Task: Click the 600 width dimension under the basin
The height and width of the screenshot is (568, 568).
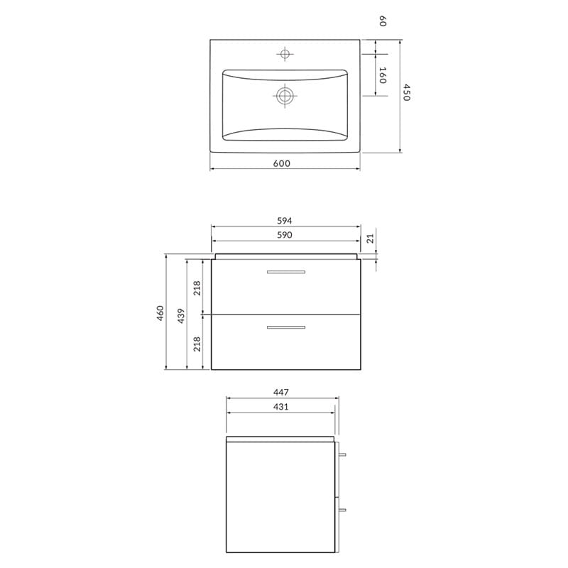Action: click(281, 163)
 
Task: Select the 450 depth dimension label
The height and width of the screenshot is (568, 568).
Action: click(406, 92)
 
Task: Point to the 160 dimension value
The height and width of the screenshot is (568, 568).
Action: click(382, 75)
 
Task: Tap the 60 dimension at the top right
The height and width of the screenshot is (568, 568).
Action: click(382, 21)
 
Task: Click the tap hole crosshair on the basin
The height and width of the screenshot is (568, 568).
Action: click(285, 54)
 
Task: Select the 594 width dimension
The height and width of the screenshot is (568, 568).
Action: click(285, 220)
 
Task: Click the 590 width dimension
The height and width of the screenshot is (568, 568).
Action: click(285, 234)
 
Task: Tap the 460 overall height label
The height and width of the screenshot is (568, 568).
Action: click(160, 312)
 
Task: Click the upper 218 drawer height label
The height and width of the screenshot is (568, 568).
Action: click(197, 288)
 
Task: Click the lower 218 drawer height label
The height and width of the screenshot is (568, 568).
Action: click(197, 344)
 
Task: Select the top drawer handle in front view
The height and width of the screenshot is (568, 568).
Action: click(285, 272)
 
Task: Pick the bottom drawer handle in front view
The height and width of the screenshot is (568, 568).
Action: click(285, 327)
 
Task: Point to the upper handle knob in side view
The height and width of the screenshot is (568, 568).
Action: click(342, 454)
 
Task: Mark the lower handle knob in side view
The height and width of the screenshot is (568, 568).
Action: click(342, 509)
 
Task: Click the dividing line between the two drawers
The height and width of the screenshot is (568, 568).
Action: click(285, 313)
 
